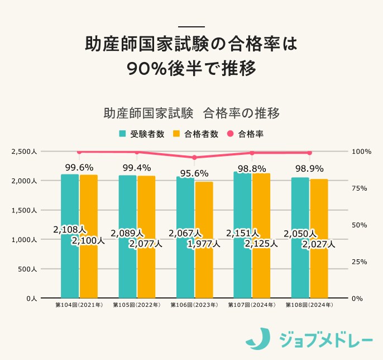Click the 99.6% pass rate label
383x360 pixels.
pos(79,167)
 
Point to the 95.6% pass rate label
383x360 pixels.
pos(194,173)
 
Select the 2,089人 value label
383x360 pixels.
pos(127,233)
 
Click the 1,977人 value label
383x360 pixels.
pos(203,243)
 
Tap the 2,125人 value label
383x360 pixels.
pos(261,243)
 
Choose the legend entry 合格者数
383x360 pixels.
pos(195,134)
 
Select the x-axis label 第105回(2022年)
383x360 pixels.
pos(136,306)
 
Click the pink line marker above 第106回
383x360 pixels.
pos(194,158)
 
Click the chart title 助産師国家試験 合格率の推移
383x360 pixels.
pos(191,112)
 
